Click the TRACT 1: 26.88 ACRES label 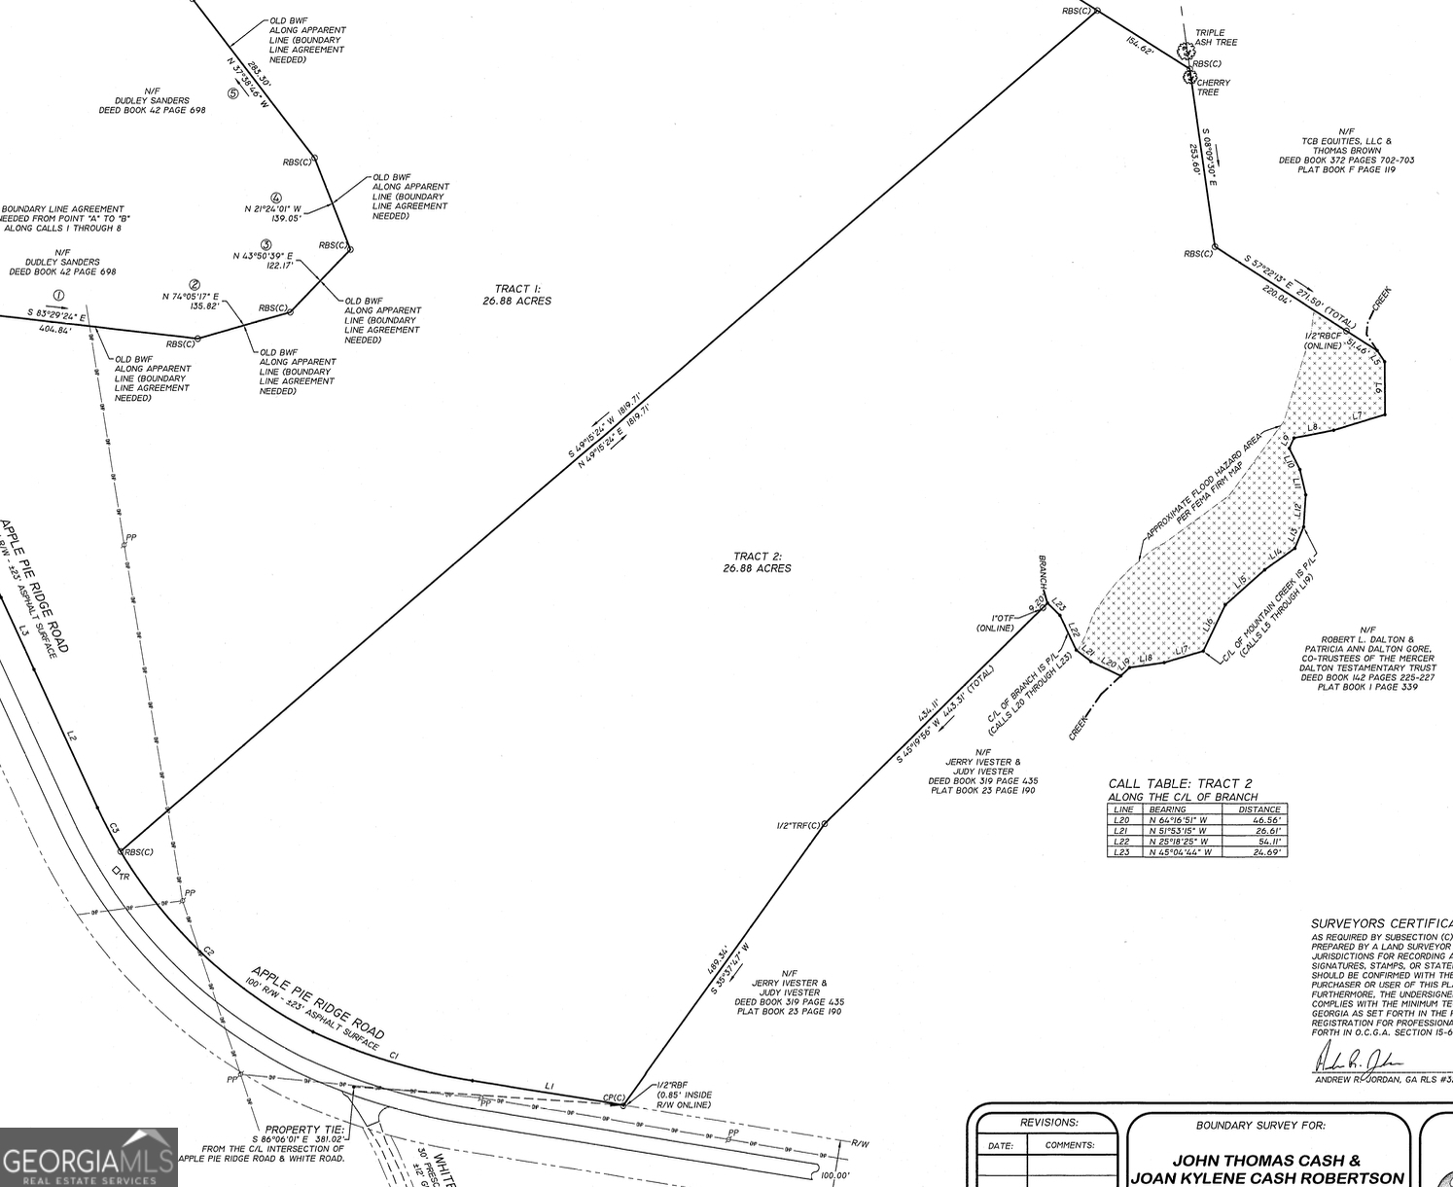pos(516,295)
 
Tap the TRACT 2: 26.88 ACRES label pos(757,562)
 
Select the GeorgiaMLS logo pos(89,1158)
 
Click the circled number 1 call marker pos(58,295)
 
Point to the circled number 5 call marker pos(232,94)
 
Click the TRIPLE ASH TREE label pos(1216,38)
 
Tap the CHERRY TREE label pos(1213,88)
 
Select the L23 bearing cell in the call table pos(1180,852)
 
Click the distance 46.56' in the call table pos(1259,820)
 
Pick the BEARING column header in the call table pos(1167,809)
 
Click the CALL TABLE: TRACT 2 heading pos(1180,783)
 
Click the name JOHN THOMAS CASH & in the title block pos(1265,1160)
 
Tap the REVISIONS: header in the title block pos(1048,1123)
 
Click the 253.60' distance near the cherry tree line pos(1194,159)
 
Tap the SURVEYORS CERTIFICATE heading pos(1381,923)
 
